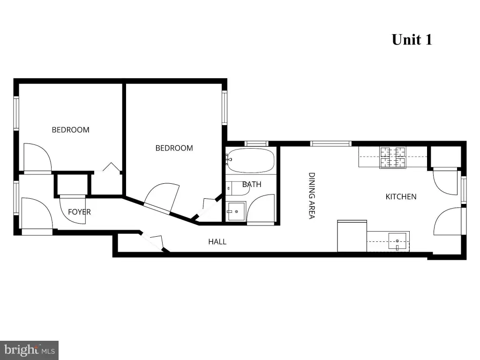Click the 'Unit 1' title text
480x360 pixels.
[x=412, y=39]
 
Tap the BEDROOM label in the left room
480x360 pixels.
[x=70, y=130]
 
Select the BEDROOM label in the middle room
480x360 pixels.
[x=174, y=148]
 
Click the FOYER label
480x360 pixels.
[x=79, y=212]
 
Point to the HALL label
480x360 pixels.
[x=217, y=242]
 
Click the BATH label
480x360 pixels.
[x=252, y=185]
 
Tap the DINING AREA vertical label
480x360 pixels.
[x=311, y=195]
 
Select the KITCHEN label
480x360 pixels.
[x=401, y=197]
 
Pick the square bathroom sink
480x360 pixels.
[x=236, y=211]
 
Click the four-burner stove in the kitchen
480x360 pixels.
[x=393, y=157]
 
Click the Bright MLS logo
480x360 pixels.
[x=29, y=350]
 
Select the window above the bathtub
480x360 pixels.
[x=256, y=143]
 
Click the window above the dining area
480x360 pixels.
[x=331, y=143]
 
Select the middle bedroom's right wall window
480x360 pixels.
[x=225, y=108]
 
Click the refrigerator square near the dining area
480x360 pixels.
[x=352, y=236]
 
